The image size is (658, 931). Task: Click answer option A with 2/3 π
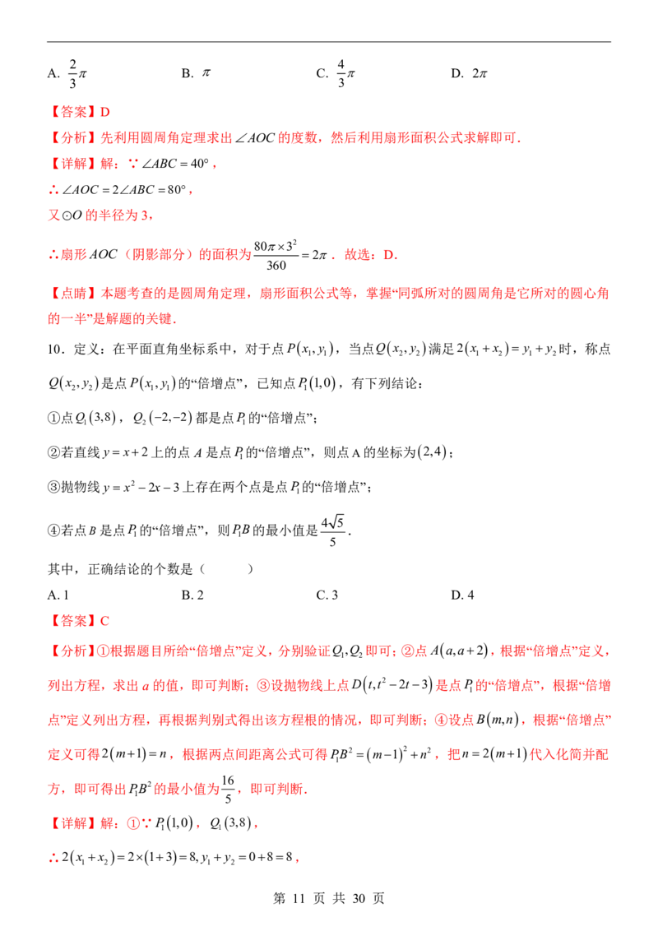[67, 74]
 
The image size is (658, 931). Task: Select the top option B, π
[196, 73]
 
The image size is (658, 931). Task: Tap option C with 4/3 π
[336, 74]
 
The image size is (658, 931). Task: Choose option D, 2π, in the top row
[469, 74]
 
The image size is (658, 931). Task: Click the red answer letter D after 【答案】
[105, 112]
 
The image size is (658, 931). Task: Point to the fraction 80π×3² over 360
[276, 255]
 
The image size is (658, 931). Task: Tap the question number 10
[57, 349]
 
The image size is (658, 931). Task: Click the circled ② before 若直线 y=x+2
[54, 452]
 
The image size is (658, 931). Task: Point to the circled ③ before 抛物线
[54, 488]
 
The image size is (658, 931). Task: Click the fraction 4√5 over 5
[332, 530]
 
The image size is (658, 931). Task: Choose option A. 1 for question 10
[58, 595]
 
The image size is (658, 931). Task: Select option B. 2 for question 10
[192, 595]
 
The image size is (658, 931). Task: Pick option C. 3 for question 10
[327, 595]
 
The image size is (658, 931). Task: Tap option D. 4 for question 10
[462, 595]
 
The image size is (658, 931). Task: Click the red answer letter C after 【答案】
[104, 621]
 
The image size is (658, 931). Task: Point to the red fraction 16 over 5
[228, 789]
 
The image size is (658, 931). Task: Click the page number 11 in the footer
[299, 898]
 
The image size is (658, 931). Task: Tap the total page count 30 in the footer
[359, 898]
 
